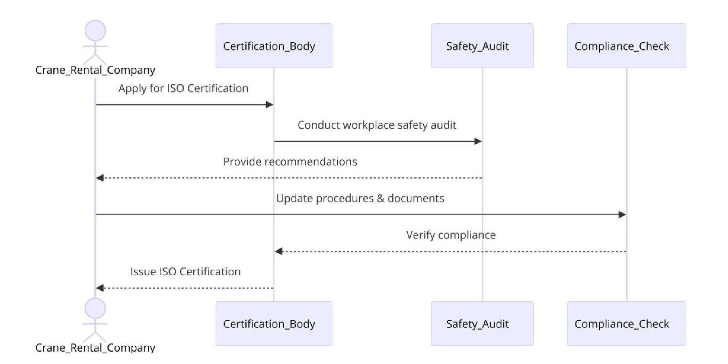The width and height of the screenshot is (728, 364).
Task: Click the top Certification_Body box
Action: click(273, 46)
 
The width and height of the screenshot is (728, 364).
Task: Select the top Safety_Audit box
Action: click(482, 46)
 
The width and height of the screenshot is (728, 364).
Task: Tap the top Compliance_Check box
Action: click(626, 46)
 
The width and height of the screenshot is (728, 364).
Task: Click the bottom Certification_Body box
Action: click(273, 324)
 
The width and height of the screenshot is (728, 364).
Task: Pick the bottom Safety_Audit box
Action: click(482, 324)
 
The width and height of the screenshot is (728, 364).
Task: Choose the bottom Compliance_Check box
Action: click(626, 324)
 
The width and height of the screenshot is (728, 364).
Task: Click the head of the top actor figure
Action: click(95, 31)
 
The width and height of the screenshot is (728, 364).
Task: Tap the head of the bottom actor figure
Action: click(95, 308)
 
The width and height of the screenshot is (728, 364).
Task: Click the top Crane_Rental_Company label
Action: click(95, 70)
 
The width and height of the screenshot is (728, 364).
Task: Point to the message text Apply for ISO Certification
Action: click(183, 88)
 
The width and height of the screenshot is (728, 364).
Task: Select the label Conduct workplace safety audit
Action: click(377, 125)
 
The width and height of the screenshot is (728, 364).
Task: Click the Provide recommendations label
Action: click(290, 162)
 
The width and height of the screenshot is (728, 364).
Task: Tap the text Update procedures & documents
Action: click(360, 198)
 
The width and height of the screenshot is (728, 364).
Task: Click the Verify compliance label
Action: click(450, 235)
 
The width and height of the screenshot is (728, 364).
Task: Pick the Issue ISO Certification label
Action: click(185, 272)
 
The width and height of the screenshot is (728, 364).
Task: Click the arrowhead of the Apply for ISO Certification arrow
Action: click(269, 105)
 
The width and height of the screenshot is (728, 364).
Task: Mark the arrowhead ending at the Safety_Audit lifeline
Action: click(478, 142)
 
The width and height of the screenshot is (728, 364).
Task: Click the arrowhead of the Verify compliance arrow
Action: click(278, 251)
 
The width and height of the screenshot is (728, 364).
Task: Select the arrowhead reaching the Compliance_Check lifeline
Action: click(622, 215)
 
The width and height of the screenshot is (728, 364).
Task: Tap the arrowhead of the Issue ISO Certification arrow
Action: click(100, 288)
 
